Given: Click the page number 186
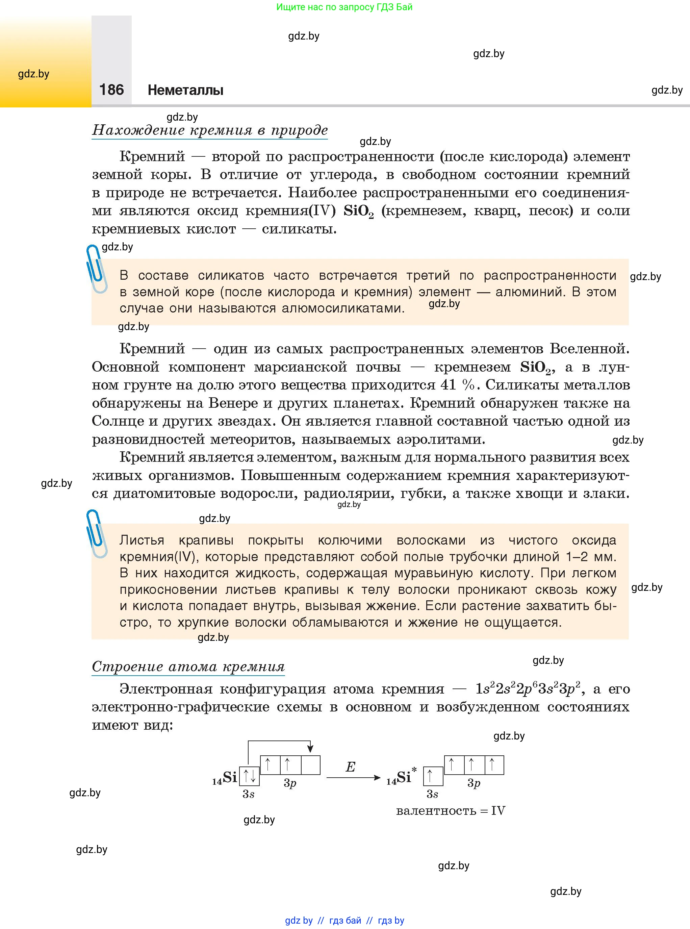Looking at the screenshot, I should click(111, 90).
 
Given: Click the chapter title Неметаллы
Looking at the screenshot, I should click(185, 90).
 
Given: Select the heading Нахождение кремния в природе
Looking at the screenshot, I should click(210, 130).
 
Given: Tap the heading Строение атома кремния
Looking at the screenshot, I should click(188, 666).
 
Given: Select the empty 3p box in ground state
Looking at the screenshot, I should click(310, 765).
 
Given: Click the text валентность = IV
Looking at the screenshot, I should click(450, 811).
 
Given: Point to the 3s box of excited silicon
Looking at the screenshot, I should click(433, 776).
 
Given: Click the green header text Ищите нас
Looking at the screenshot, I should click(344, 7).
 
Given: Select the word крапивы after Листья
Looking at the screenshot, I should click(206, 540).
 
